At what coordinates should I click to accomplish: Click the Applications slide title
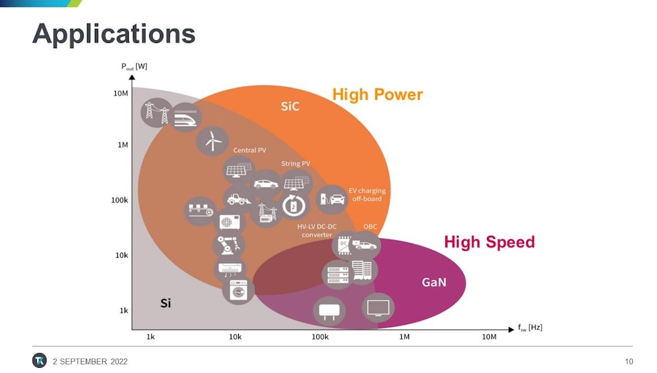114,34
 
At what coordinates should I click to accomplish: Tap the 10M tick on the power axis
121,93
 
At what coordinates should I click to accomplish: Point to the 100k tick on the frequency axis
320,336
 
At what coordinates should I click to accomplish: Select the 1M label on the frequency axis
404,336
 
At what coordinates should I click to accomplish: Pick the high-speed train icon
185,118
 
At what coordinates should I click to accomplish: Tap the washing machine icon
238,290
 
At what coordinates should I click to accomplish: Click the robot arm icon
228,245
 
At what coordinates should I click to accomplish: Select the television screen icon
378,307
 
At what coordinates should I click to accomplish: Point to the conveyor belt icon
201,211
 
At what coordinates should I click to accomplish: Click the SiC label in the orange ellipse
290,106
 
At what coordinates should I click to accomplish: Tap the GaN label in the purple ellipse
434,282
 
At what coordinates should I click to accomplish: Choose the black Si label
166,303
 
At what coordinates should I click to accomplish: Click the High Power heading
377,95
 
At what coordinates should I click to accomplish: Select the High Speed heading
489,242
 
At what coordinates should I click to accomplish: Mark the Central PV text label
250,150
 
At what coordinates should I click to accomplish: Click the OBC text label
370,226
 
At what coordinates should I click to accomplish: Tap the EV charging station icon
332,199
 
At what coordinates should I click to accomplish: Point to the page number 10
629,361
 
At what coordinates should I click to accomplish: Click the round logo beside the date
40,361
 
